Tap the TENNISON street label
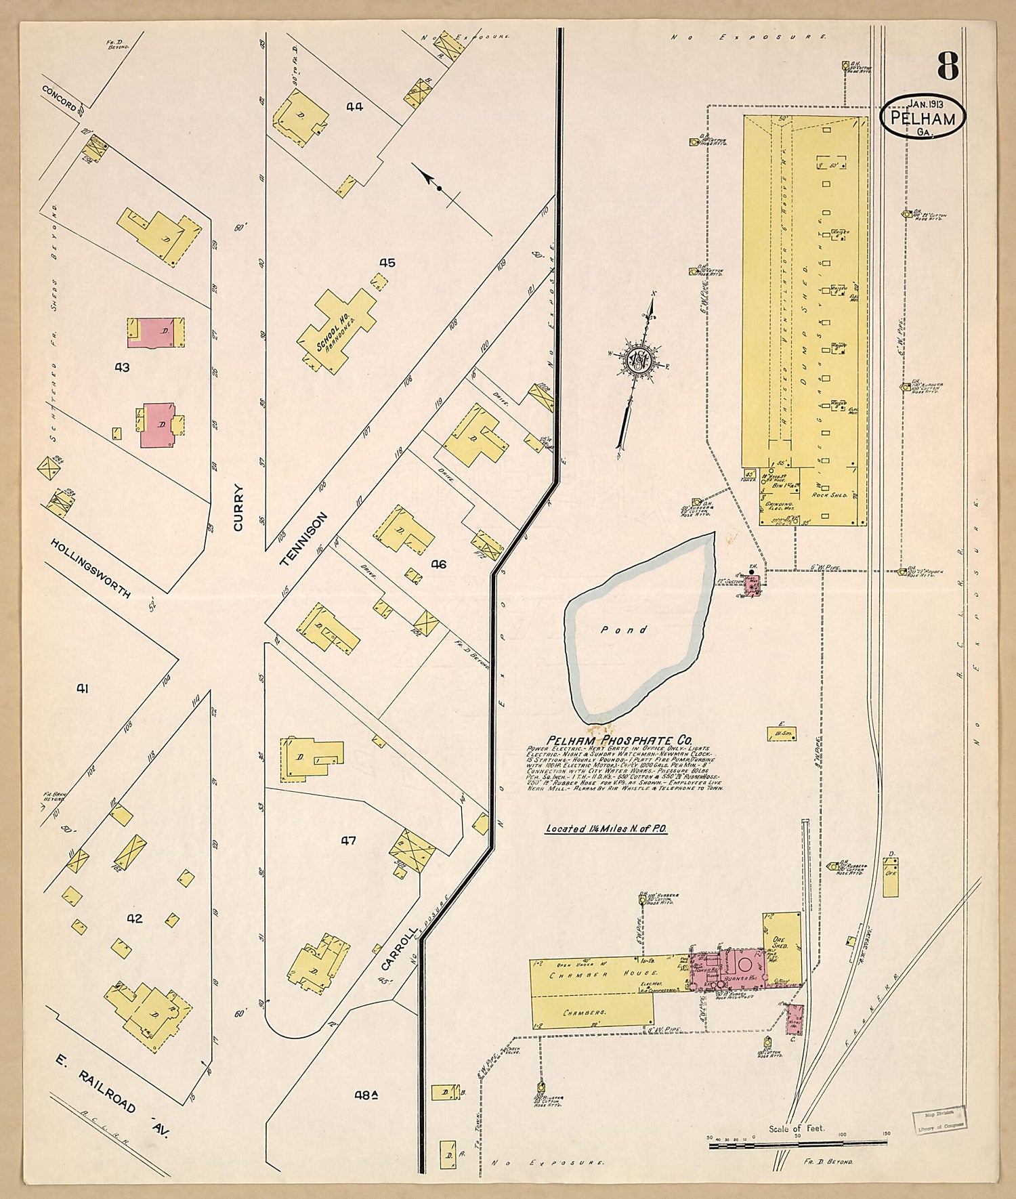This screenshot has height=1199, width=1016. (x=303, y=539)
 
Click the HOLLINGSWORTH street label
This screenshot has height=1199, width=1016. (x=90, y=568)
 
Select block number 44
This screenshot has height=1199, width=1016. (x=354, y=106)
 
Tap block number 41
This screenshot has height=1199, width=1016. (x=82, y=689)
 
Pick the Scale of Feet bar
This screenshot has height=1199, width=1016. (x=797, y=1144)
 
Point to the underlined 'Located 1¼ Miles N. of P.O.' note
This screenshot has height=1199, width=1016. (x=606, y=828)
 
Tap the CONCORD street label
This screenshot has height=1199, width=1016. (x=59, y=98)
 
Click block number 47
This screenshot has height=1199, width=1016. (x=348, y=841)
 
